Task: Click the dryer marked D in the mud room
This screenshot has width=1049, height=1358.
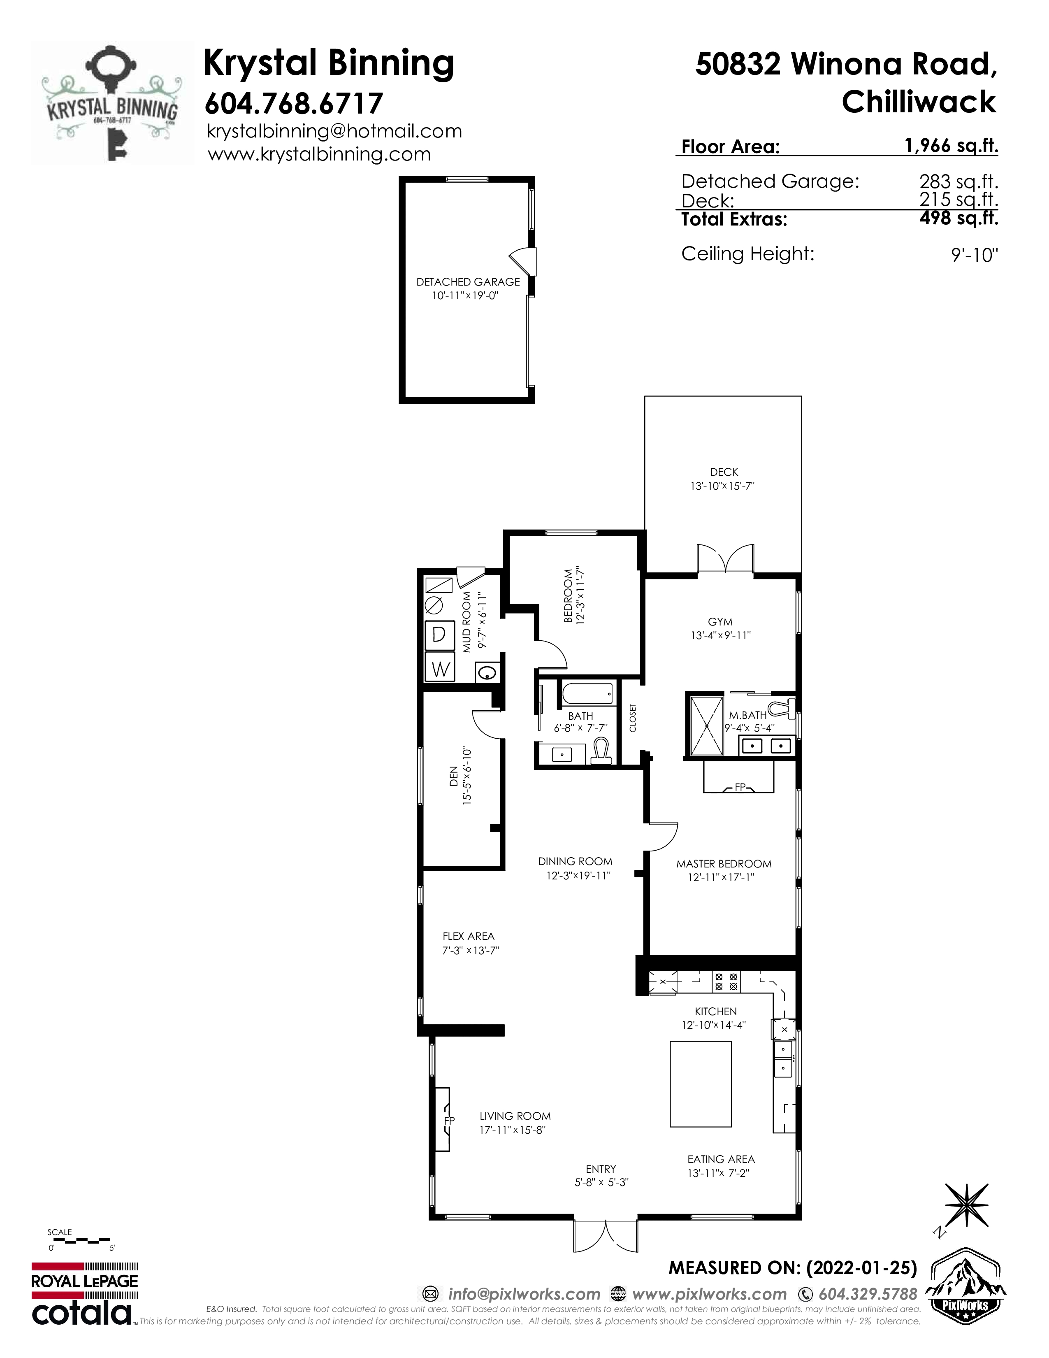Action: pos(439,634)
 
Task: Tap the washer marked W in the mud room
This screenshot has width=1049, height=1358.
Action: pos(439,668)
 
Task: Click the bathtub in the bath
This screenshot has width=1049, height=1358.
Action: pos(587,694)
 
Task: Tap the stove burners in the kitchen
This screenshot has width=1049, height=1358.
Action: pos(726,981)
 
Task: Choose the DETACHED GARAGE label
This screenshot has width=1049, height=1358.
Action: pos(468,281)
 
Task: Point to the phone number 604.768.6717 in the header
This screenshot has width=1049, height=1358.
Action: pos(293,103)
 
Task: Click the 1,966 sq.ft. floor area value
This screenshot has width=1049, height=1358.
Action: pos(952,146)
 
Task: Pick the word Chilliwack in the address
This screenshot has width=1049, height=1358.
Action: pos(919,101)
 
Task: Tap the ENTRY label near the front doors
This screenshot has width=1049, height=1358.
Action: pos(600,1169)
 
